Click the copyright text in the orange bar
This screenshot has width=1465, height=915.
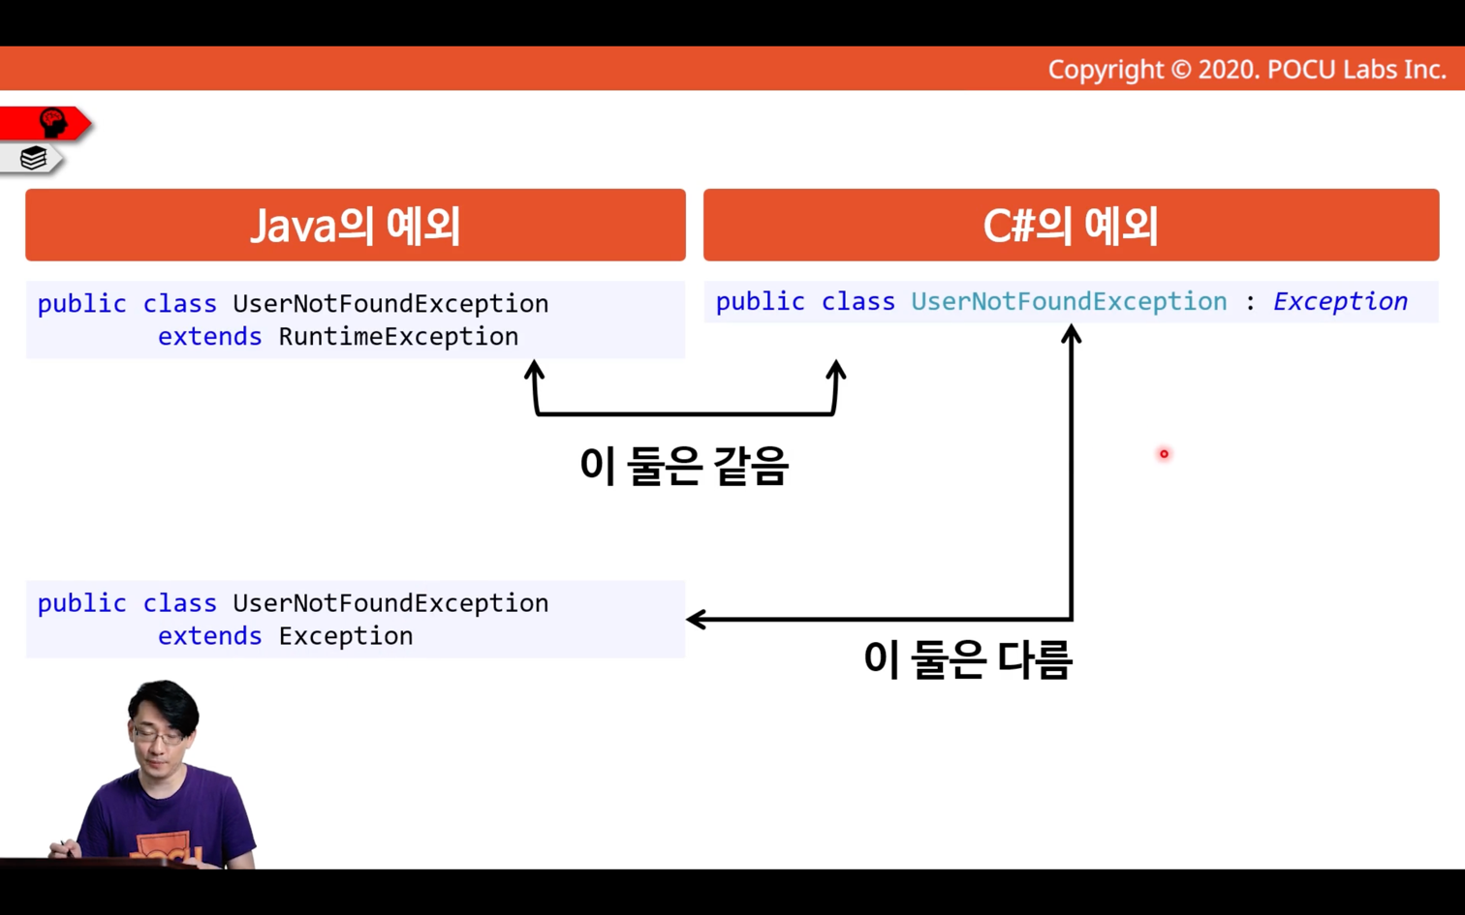[x=1247, y=70]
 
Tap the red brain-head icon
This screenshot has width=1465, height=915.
[x=53, y=123]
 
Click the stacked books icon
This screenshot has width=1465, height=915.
[x=33, y=158]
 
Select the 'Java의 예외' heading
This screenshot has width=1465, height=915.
[x=356, y=227]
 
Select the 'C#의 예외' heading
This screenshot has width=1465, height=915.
[x=1071, y=227]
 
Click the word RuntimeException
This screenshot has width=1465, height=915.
[x=398, y=337]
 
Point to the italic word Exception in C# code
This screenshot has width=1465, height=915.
[x=1340, y=302]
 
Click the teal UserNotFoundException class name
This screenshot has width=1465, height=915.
[x=1069, y=302]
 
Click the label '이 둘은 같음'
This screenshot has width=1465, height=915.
[x=684, y=466]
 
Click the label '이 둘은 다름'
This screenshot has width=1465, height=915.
[x=967, y=659]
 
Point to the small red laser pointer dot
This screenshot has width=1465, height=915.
[x=1164, y=453]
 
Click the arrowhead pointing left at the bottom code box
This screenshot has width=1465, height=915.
[x=696, y=619]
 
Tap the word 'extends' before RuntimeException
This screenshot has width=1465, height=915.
[x=210, y=337]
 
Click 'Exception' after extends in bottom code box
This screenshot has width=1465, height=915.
[x=345, y=636]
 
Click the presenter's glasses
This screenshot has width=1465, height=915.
[x=159, y=737]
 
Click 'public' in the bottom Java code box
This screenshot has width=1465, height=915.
[x=81, y=603]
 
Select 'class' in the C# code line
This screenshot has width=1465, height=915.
[x=858, y=302]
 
